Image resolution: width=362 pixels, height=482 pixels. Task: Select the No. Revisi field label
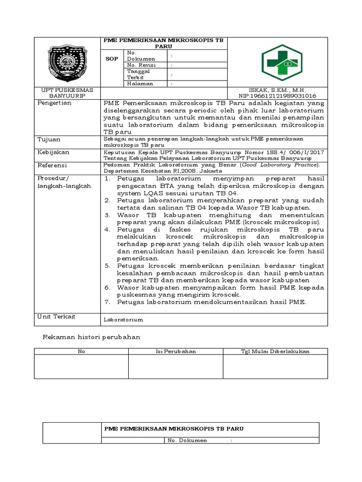pyautogui.click(x=140, y=65)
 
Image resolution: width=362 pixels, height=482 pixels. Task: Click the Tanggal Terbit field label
pyautogui.click(x=138, y=74)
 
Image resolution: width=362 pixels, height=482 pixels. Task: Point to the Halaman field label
pyautogui.click(x=140, y=84)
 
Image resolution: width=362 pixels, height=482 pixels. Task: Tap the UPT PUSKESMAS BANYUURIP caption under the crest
pyautogui.click(x=66, y=93)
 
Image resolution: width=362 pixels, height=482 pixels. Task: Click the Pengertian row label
pyautogui.click(x=54, y=103)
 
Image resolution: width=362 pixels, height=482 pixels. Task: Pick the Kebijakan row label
pyautogui.click(x=53, y=153)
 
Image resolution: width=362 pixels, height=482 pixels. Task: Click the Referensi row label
pyautogui.click(x=52, y=166)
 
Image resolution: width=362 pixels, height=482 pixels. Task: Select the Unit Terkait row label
pyautogui.click(x=56, y=317)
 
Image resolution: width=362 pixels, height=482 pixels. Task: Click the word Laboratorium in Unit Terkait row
pyautogui.click(x=123, y=320)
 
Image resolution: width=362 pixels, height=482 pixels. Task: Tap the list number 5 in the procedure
pyautogui.click(x=107, y=265)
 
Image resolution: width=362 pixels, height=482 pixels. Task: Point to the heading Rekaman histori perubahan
pyautogui.click(x=92, y=337)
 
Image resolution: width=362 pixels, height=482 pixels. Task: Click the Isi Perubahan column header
pyautogui.click(x=176, y=351)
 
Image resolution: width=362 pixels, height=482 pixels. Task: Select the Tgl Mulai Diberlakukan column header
pyautogui.click(x=275, y=351)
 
